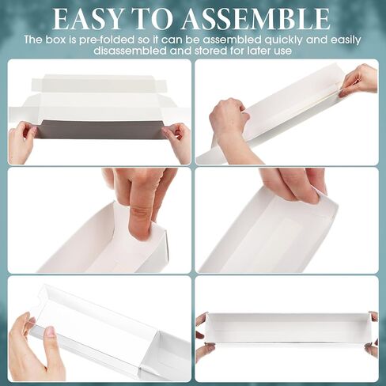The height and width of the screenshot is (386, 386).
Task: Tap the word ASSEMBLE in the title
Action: coord(255,19)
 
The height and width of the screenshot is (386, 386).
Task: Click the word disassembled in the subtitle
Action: coord(131,51)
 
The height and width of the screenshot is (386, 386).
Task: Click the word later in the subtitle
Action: coord(260,51)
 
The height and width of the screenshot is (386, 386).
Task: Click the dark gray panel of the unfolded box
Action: coord(101,129)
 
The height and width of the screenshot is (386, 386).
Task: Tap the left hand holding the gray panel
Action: coord(21,142)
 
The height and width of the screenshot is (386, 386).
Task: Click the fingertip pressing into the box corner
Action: coord(141,224)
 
